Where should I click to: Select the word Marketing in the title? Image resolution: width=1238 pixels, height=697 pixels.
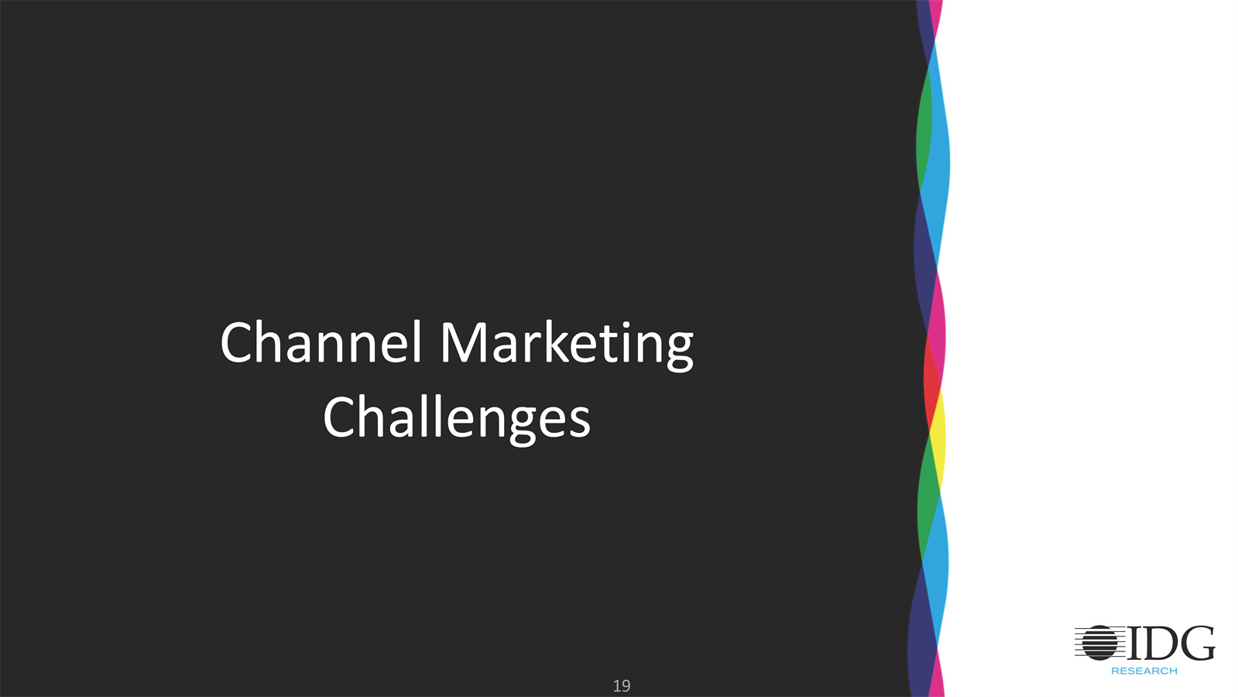(567, 345)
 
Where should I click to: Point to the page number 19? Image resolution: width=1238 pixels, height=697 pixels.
(621, 686)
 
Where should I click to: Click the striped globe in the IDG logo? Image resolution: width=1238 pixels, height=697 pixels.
(1100, 642)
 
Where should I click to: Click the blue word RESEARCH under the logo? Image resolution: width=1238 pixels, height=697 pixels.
(1144, 671)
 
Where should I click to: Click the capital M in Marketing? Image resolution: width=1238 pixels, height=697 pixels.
(463, 343)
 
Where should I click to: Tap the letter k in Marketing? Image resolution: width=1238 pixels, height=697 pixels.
(554, 341)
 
